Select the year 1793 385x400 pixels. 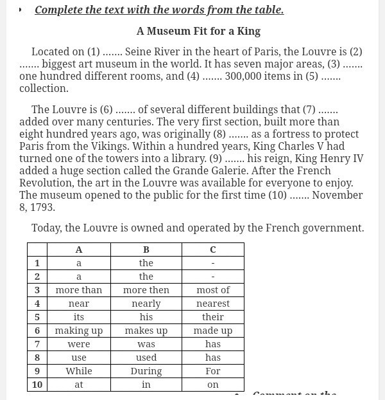click(42, 207)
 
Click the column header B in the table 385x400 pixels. click(146, 250)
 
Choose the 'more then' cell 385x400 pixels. click(146, 290)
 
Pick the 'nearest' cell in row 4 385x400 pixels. click(213, 304)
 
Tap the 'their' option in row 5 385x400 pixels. click(213, 317)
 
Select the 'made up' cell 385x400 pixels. click(213, 331)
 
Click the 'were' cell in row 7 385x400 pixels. click(79, 344)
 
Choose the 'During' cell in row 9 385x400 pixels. click(146, 371)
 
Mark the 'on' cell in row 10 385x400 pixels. click(213, 385)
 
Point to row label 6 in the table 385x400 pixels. click(37, 331)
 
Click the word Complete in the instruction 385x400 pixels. click(60, 10)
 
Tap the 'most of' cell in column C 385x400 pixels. click(213, 290)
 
